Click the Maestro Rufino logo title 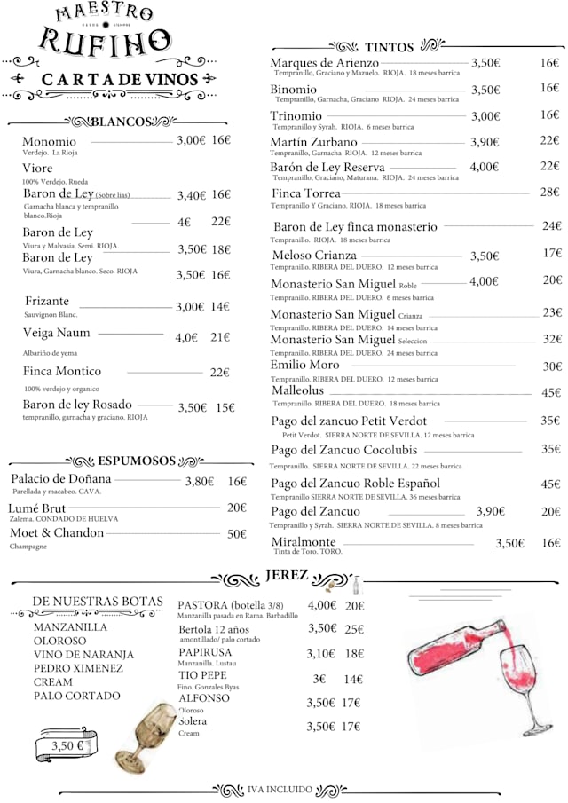coord(104,30)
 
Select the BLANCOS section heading coord(122,122)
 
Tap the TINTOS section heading coord(389,47)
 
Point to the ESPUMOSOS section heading coord(137,461)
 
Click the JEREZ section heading coord(287,576)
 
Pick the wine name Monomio coord(49,141)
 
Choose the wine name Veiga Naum coord(57,333)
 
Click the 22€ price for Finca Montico coord(219,373)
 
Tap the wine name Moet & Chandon coord(57,533)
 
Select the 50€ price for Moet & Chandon coord(236,534)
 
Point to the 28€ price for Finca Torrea coord(549,193)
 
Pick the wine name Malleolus coord(297,391)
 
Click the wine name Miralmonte coord(304,542)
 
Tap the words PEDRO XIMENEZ coord(78,668)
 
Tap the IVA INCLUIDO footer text coord(280,789)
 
